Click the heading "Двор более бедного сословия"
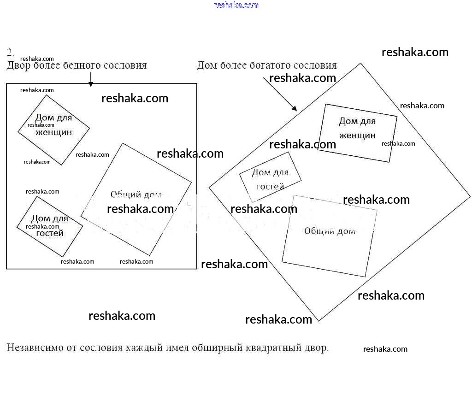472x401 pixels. click(77, 65)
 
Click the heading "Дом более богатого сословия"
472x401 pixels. click(266, 65)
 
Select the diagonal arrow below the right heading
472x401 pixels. click(280, 94)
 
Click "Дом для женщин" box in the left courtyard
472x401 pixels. click(53, 130)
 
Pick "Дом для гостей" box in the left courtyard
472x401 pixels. click(50, 226)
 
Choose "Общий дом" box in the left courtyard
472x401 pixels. click(136, 199)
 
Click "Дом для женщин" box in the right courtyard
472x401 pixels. click(357, 133)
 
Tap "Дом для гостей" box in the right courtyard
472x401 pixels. click(270, 177)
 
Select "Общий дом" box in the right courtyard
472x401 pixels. click(330, 236)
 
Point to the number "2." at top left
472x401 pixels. click(11, 51)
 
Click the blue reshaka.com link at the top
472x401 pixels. click(236, 5)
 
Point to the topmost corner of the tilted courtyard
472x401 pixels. click(360, 64)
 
